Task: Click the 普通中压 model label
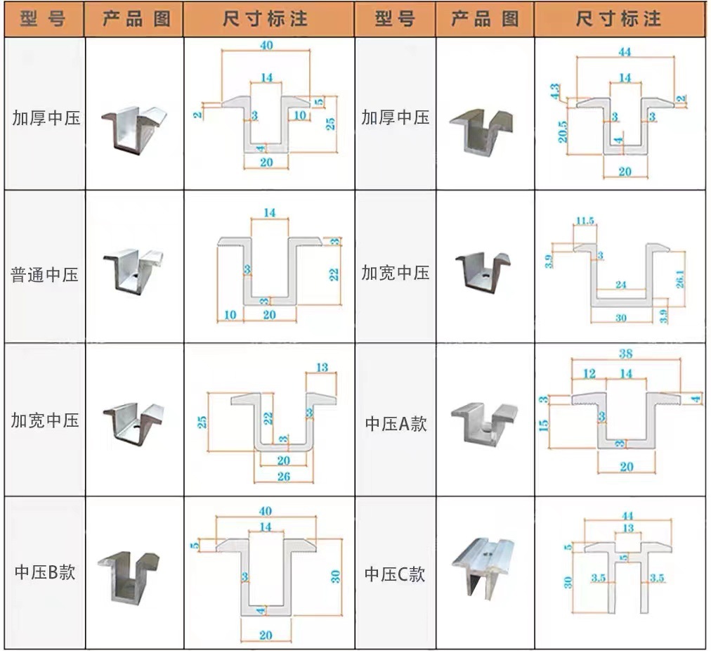point(45,274)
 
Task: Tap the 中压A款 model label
point(396,423)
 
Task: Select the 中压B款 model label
point(45,572)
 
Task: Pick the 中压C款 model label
point(395,574)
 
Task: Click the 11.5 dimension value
point(585,221)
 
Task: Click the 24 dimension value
point(620,285)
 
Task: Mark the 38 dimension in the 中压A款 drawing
point(626,353)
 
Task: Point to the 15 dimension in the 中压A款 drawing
point(544,425)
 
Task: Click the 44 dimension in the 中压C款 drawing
point(627,515)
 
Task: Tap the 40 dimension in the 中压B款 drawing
point(265,510)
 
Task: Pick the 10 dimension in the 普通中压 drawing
point(230,315)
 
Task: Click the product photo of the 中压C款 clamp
point(484,569)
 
